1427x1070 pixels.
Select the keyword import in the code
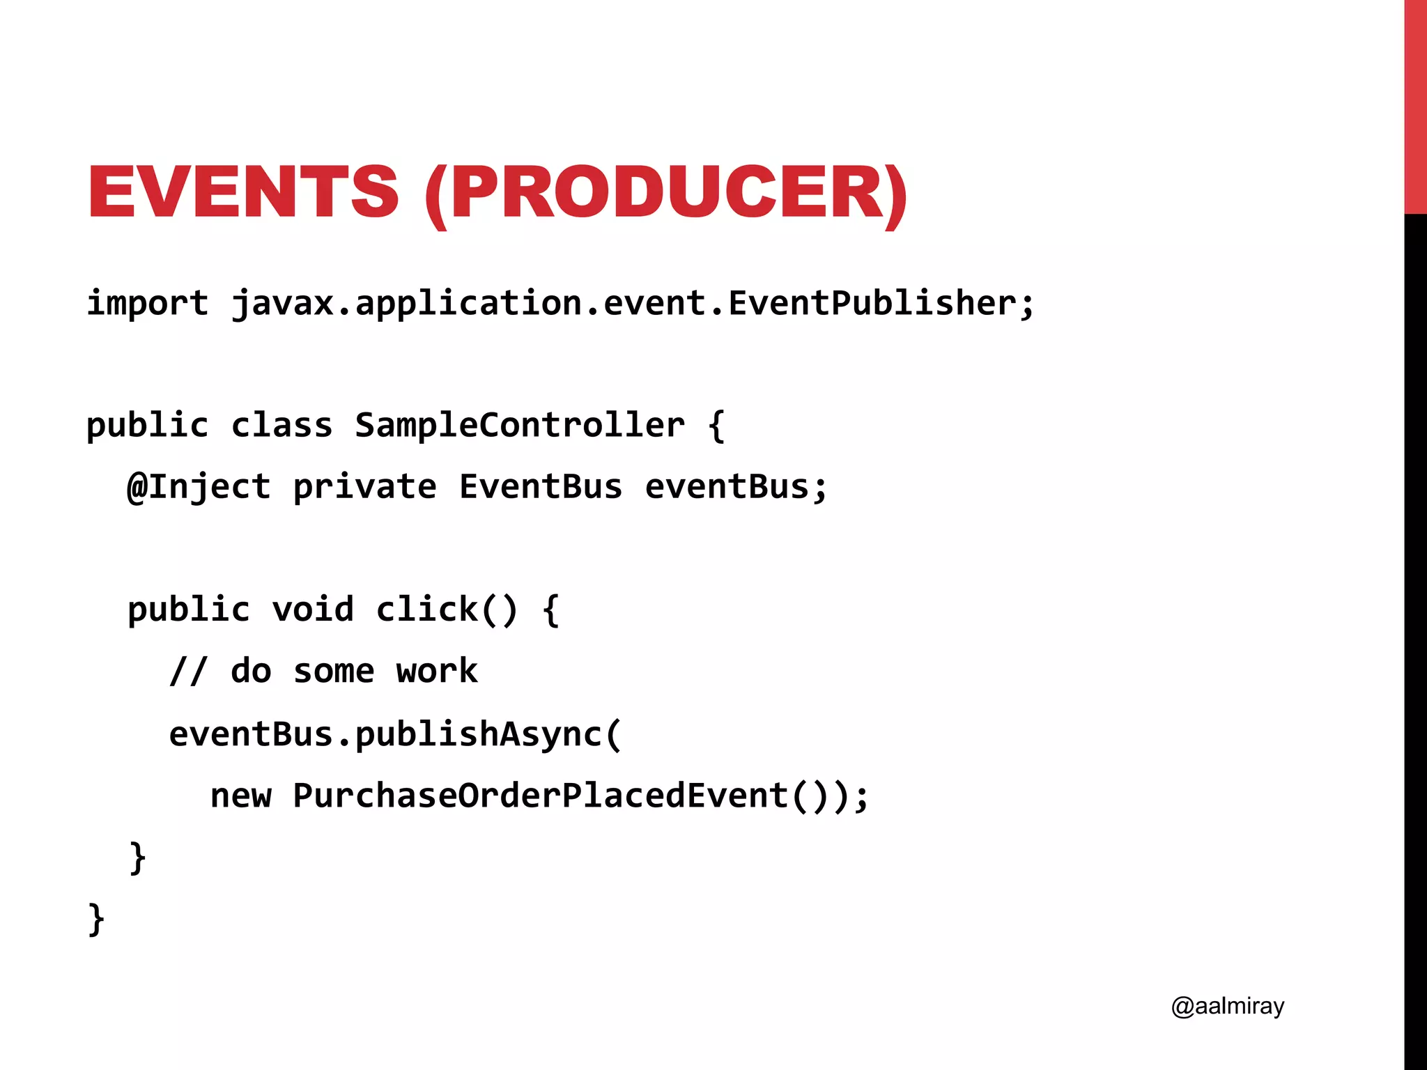coord(147,303)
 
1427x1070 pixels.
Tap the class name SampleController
coord(519,425)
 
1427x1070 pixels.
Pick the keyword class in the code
coord(281,425)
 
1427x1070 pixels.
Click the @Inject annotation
coord(199,486)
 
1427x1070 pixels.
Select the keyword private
coord(364,486)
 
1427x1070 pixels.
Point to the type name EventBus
coord(540,486)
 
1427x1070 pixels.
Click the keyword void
coord(313,610)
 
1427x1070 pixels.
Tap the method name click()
coord(447,610)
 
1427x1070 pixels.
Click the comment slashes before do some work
coord(188,672)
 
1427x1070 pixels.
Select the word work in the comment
coord(437,672)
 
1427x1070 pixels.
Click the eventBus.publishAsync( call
coord(395,734)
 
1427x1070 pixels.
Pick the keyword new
coord(240,796)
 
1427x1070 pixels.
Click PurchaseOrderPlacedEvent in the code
coord(540,796)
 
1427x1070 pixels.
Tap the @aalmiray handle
coord(1227,1006)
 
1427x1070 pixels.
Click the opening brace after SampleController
coord(717,425)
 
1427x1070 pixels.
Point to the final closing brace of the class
coord(96,920)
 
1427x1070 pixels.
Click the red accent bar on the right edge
coord(1415,104)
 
